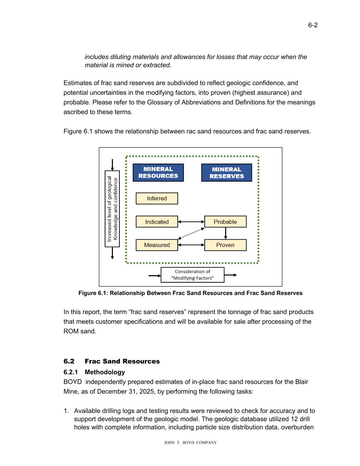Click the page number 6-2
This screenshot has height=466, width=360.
pyautogui.click(x=313, y=25)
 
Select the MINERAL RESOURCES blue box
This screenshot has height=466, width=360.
pyautogui.click(x=158, y=173)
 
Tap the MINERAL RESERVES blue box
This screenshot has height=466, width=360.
pyautogui.click(x=227, y=173)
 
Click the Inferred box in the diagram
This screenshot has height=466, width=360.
pyautogui.click(x=157, y=199)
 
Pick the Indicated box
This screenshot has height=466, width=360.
pyautogui.click(x=157, y=222)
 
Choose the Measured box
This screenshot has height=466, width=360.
pyautogui.click(x=157, y=245)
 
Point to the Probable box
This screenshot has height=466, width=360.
pyautogui.click(x=225, y=222)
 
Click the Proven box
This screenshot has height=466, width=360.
pyautogui.click(x=225, y=245)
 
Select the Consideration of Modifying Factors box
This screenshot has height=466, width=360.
pyautogui.click(x=192, y=275)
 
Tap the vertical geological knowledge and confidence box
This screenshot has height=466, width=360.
pyautogui.click(x=112, y=209)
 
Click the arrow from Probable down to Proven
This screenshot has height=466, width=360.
pyautogui.click(x=226, y=234)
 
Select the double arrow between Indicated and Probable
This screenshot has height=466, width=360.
pyautogui.click(x=191, y=222)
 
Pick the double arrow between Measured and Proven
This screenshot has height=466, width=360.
pyautogui.click(x=191, y=245)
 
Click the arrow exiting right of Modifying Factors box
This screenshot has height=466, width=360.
pyautogui.click(x=230, y=275)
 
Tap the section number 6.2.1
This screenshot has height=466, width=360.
pyautogui.click(x=71, y=372)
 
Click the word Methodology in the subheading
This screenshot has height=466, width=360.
pyautogui.click(x=105, y=372)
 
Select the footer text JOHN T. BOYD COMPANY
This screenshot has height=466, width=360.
pyautogui.click(x=190, y=443)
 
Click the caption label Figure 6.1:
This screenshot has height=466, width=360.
pyautogui.click(x=93, y=293)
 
